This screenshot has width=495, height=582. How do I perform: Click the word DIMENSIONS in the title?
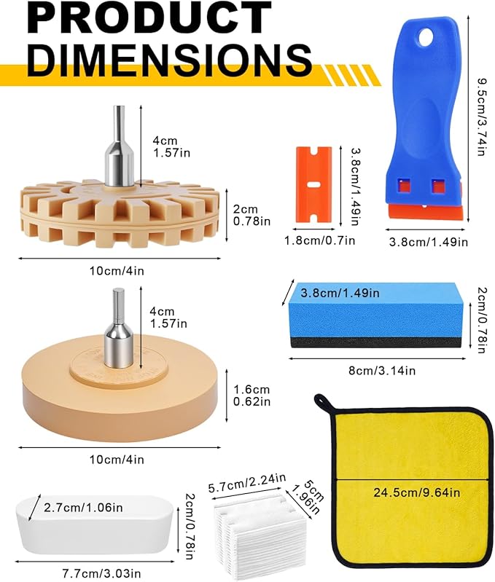pos(169,60)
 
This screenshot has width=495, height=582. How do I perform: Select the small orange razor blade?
pos(313,186)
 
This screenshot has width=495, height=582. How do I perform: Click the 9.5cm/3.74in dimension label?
pos(482,117)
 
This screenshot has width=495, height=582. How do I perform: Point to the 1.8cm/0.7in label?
pos(320,240)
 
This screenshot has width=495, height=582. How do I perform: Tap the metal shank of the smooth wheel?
pos(120,329)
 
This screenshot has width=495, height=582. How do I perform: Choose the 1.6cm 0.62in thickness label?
pos(252,396)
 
